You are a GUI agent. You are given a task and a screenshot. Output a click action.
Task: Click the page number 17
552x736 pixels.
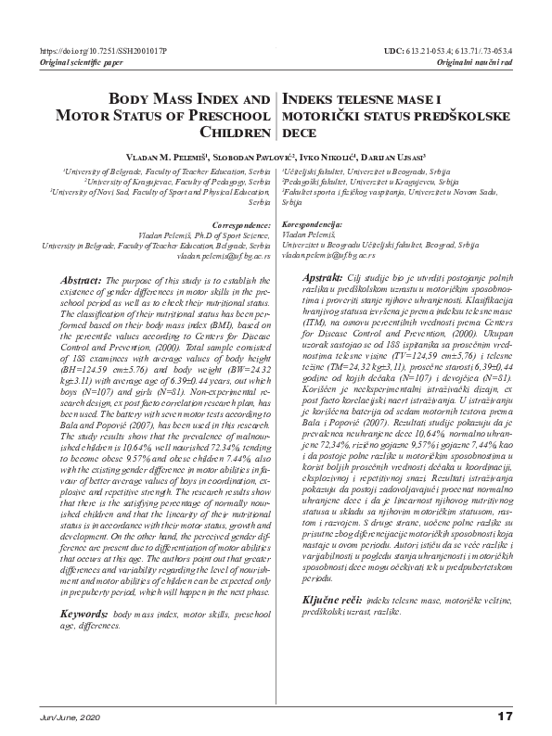505,716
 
